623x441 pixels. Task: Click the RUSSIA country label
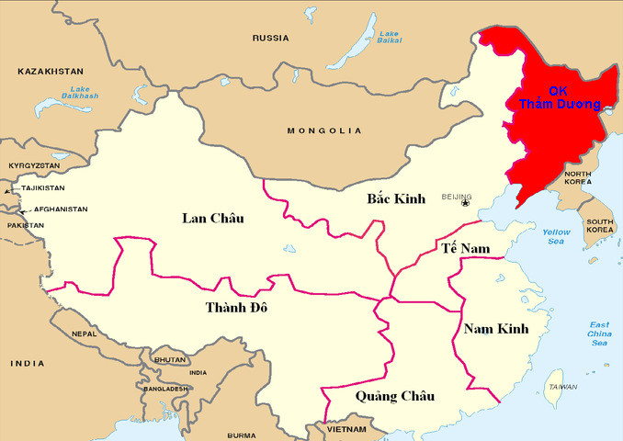click(271, 38)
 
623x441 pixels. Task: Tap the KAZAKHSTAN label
click(51, 71)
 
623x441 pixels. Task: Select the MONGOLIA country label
click(324, 130)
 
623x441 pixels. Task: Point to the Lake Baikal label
click(390, 36)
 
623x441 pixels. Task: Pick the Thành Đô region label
click(236, 307)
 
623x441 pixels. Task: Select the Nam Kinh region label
click(496, 328)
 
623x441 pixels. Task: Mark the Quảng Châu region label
click(394, 396)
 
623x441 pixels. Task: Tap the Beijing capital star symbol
click(465, 203)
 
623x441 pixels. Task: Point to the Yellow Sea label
click(556, 236)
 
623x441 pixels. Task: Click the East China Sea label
click(599, 334)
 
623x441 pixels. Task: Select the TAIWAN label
click(562, 387)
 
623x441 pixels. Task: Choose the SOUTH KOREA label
click(600, 226)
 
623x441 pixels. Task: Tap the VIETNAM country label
click(346, 429)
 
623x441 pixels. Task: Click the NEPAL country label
click(85, 334)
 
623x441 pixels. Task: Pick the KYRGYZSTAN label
click(34, 165)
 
